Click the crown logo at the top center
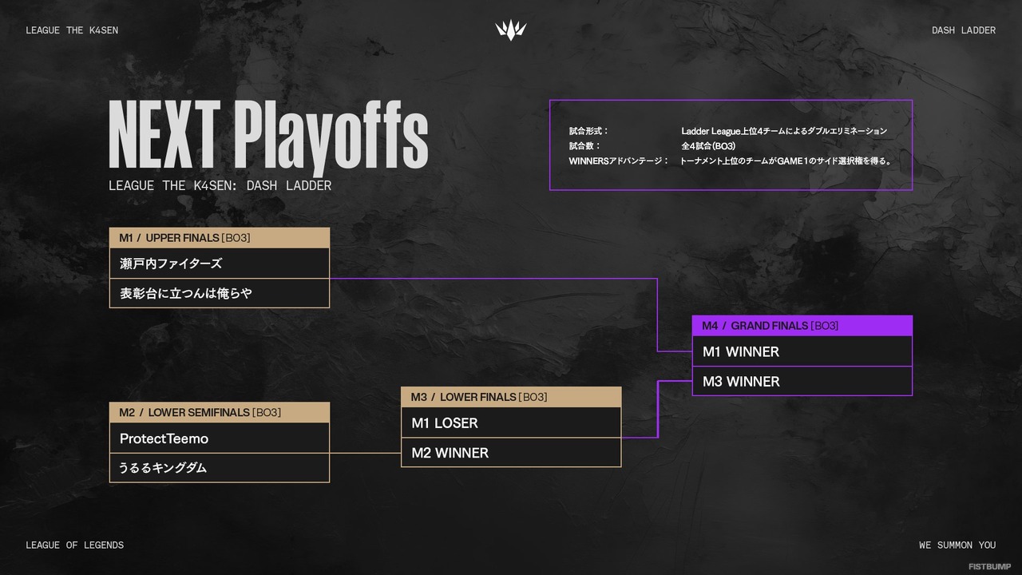511,30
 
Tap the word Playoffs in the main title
331,136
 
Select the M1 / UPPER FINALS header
219,238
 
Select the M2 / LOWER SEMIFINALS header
219,413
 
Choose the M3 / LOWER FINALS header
510,397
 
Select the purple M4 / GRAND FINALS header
802,326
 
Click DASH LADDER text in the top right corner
964,30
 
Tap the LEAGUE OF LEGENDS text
74,545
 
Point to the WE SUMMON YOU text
957,545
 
